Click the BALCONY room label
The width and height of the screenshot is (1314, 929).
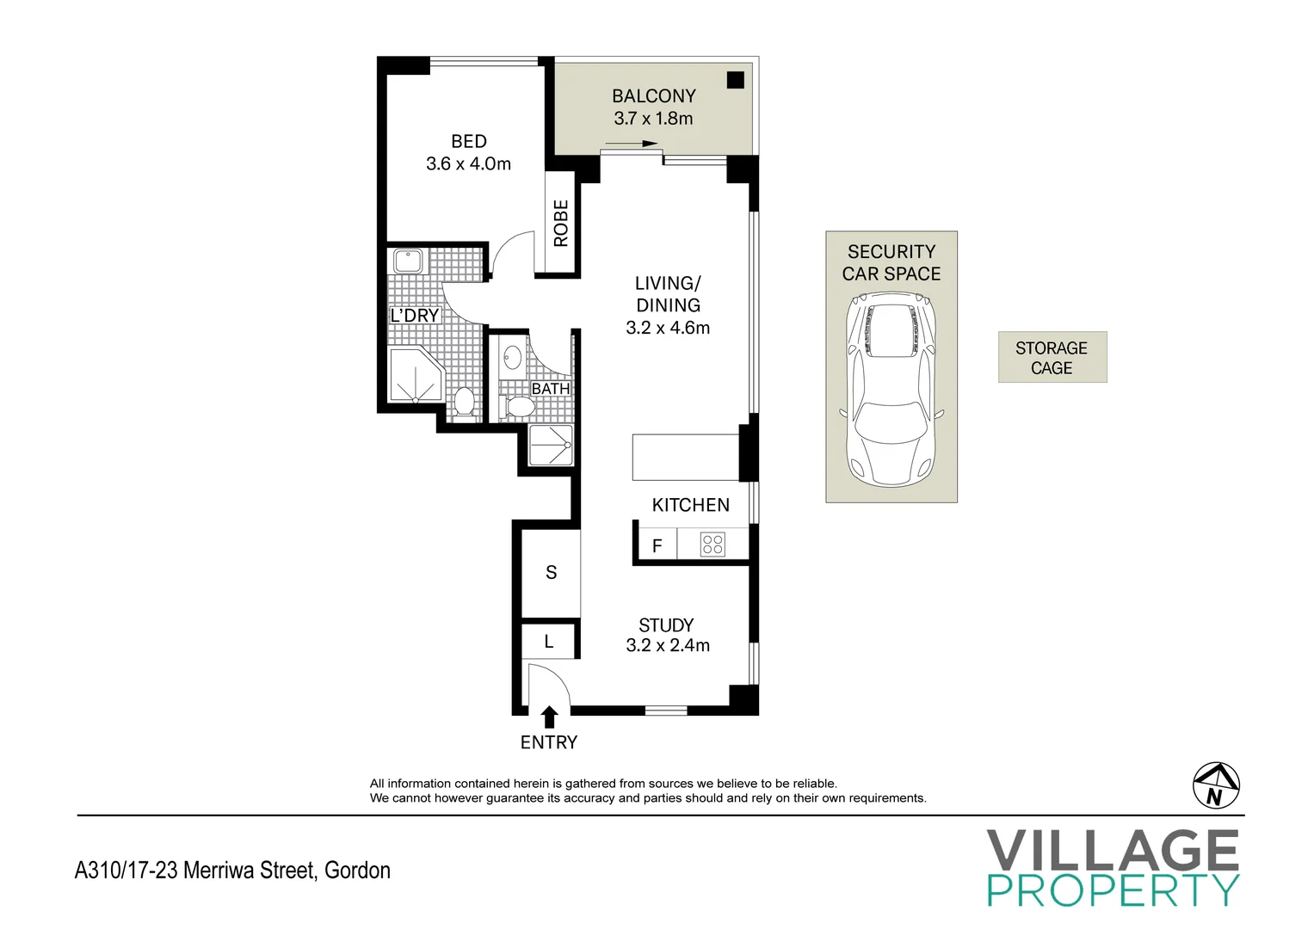point(653,95)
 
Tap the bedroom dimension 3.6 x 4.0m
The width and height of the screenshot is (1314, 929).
point(468,163)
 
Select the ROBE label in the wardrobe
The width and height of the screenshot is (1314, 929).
point(561,224)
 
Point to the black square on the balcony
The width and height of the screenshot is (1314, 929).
point(735,80)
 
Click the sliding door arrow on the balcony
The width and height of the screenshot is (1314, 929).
point(632,144)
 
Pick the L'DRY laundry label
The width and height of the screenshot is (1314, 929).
point(415,316)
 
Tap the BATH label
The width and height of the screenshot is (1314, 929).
point(550,388)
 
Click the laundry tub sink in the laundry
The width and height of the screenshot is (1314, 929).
point(408,261)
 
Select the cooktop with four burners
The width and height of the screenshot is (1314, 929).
point(713,544)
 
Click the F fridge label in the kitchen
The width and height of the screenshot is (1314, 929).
point(657,546)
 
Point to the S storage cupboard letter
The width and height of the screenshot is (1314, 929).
point(551,572)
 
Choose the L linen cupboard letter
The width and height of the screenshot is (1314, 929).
point(548,642)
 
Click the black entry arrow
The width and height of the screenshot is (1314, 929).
point(549,717)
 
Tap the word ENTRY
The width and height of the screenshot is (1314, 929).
point(548,742)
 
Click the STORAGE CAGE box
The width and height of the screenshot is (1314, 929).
point(1052,357)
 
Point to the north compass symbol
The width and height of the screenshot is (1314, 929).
point(1216,786)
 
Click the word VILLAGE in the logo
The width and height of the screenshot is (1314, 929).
point(1113,850)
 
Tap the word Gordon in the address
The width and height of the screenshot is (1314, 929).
point(357,871)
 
